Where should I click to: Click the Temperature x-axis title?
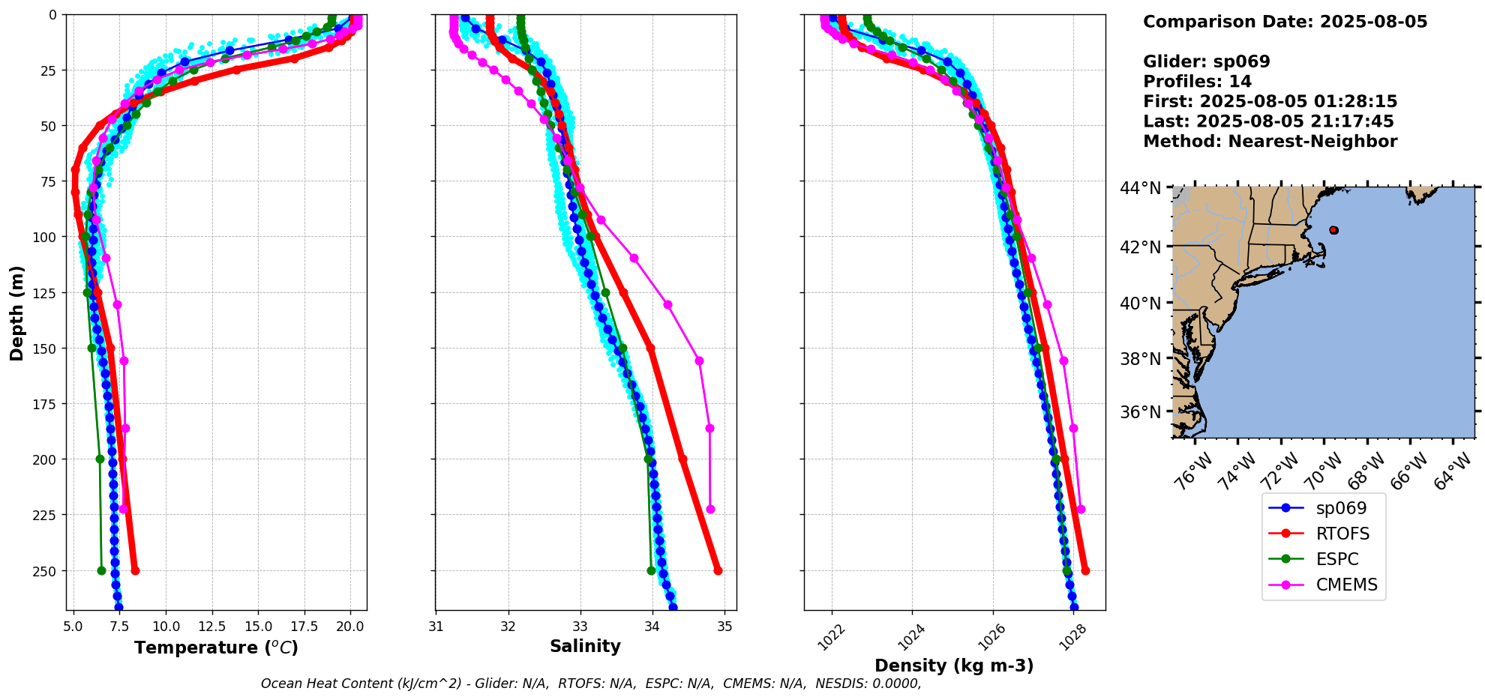216,648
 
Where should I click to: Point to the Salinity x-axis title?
585,646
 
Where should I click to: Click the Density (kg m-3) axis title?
954,666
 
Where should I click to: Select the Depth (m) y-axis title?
16,313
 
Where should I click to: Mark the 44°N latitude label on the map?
1140,188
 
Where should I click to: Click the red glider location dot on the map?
1333,230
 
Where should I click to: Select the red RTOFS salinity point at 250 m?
718,570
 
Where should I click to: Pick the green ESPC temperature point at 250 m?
102,570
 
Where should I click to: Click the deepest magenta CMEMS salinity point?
710,509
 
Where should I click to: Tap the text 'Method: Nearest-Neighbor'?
1270,142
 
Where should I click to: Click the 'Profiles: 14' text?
1197,82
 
